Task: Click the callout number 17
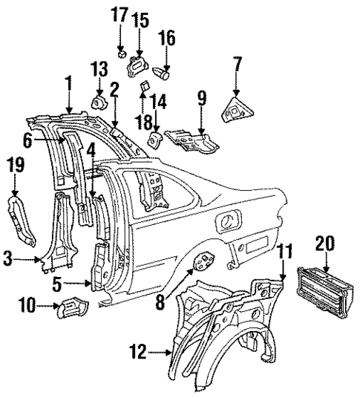(120, 14)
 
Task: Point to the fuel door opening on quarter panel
(229, 220)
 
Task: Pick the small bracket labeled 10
(74, 306)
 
